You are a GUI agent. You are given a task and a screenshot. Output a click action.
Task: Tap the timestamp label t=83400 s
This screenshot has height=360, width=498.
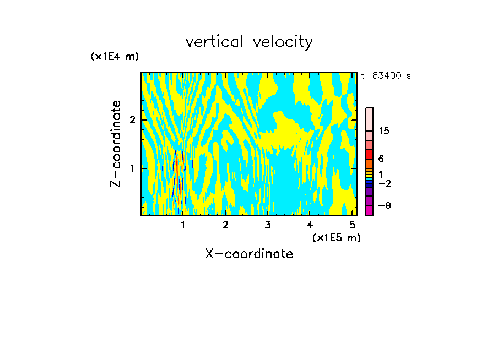pos(386,76)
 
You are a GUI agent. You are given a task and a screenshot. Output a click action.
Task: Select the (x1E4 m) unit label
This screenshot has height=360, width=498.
pos(115,57)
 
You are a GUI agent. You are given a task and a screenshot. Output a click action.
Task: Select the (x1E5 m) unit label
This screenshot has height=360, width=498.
pos(336,237)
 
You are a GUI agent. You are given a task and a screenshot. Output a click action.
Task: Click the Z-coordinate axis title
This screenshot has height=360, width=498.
pos(116,144)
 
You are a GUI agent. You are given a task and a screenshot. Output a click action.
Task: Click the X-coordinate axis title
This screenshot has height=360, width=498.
pos(249,254)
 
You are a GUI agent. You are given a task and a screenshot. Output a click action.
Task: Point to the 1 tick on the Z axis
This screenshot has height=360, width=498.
pos(132,168)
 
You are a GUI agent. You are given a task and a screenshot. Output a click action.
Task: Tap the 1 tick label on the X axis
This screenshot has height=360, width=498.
pos(183,225)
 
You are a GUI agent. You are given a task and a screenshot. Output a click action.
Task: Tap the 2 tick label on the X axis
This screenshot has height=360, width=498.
pos(225,225)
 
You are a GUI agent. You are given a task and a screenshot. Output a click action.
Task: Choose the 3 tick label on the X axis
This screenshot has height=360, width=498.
pos(268,225)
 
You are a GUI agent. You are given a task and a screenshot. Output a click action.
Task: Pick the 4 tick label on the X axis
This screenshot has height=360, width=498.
pos(310,225)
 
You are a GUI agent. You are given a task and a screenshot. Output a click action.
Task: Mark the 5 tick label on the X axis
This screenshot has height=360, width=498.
pos(352,225)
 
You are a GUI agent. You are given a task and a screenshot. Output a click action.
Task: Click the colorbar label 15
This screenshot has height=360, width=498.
pos(384,131)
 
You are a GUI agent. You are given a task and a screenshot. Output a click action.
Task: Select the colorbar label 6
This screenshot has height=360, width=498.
pos(381,159)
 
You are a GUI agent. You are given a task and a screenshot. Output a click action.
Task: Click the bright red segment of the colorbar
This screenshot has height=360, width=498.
pos(369,155)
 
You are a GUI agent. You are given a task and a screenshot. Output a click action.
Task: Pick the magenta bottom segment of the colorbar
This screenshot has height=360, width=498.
pos(369,210)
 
